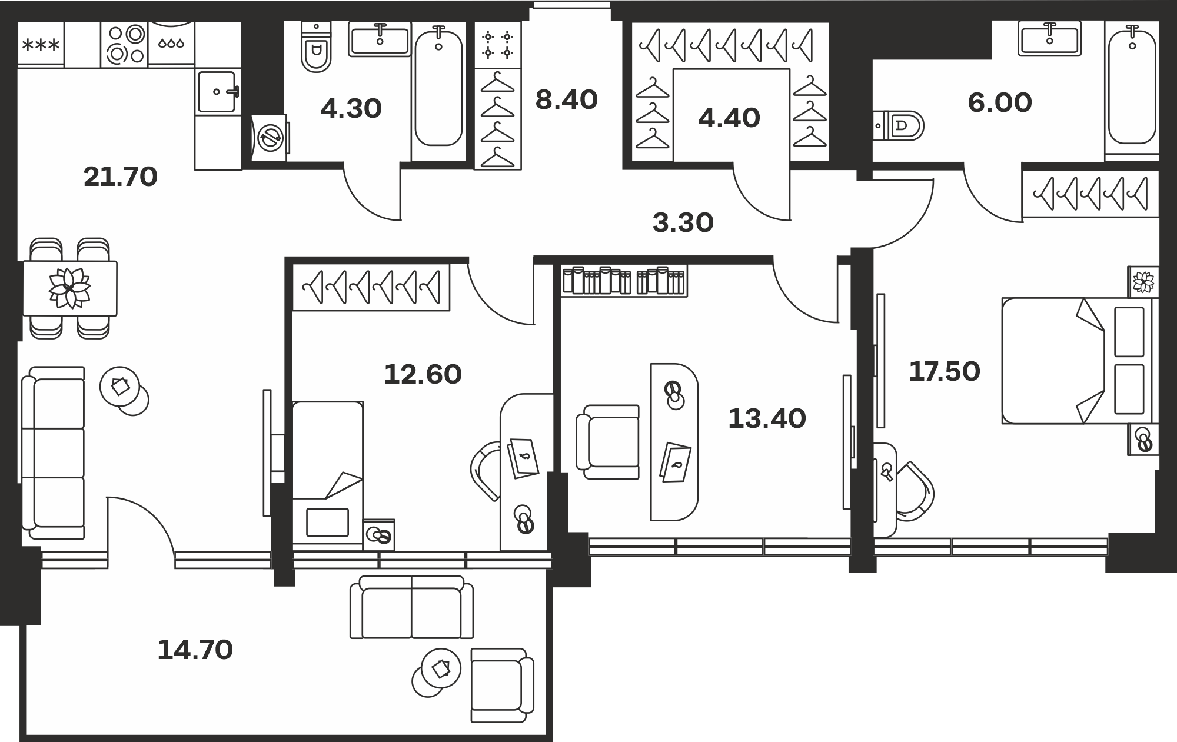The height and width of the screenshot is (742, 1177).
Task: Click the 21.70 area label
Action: click(x=121, y=177)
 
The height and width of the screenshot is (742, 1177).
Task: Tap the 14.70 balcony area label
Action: click(x=195, y=650)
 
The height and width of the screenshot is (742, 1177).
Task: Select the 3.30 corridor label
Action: click(x=683, y=223)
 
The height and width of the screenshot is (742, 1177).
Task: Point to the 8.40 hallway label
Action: click(x=567, y=100)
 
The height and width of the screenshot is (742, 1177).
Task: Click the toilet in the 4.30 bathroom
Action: click(x=316, y=47)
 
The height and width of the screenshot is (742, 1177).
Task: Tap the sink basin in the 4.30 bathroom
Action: click(x=380, y=39)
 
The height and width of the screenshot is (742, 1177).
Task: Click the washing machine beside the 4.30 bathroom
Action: click(x=270, y=138)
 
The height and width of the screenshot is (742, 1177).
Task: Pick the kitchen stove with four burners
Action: click(x=124, y=45)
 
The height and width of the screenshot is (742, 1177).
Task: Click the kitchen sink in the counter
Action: click(x=218, y=91)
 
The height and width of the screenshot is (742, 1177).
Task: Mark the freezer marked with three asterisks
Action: click(x=41, y=45)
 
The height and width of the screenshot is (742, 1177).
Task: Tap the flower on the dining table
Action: click(x=69, y=288)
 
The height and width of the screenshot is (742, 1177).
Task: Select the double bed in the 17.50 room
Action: click(x=1080, y=361)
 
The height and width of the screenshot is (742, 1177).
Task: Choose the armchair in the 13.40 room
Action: click(x=608, y=442)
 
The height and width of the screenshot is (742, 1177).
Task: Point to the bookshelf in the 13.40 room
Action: click(x=624, y=281)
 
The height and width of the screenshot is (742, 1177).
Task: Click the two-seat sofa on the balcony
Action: click(x=411, y=607)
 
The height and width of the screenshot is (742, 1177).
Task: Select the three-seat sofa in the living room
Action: click(x=53, y=452)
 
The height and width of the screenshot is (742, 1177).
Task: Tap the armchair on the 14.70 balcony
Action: click(x=502, y=686)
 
